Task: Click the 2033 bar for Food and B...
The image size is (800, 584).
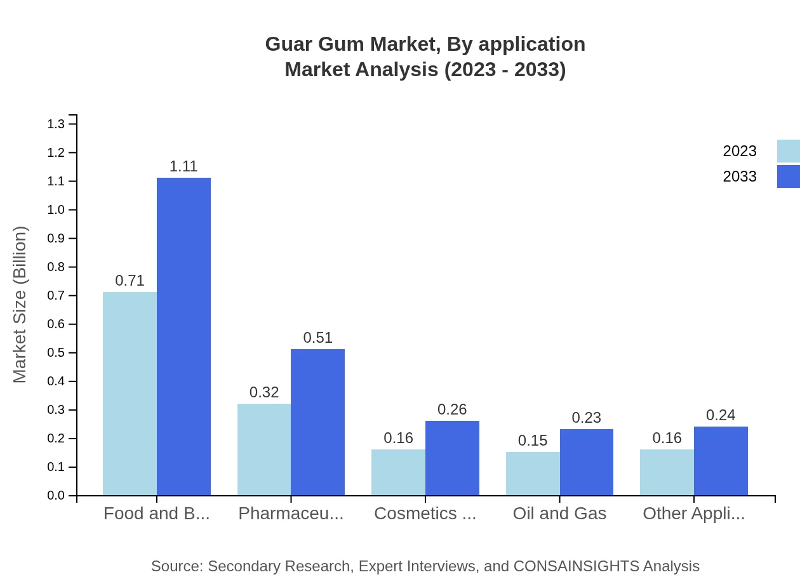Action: (x=183, y=336)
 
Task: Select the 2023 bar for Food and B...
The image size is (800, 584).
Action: (x=130, y=394)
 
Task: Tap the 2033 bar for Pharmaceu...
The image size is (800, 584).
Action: (x=317, y=422)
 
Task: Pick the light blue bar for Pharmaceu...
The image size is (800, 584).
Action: (x=264, y=449)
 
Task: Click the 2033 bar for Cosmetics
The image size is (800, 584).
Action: (x=452, y=458)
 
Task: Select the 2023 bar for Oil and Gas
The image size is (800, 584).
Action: (x=533, y=474)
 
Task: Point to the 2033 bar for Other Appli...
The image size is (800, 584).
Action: (x=721, y=461)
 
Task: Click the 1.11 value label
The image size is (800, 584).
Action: (x=183, y=166)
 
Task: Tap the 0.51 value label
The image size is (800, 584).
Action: (x=317, y=338)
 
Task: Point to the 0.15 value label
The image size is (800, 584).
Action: (x=533, y=441)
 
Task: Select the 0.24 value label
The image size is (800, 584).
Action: (x=721, y=415)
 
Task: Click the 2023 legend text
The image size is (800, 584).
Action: (x=740, y=151)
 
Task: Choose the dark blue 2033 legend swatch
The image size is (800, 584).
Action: (x=788, y=176)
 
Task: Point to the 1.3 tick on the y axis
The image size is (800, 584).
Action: (x=56, y=124)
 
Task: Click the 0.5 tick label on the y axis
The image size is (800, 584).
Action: (x=56, y=353)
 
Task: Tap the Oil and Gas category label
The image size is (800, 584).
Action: (x=559, y=514)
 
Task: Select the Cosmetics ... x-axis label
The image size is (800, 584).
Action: (x=425, y=514)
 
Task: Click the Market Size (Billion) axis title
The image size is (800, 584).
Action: (x=20, y=305)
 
